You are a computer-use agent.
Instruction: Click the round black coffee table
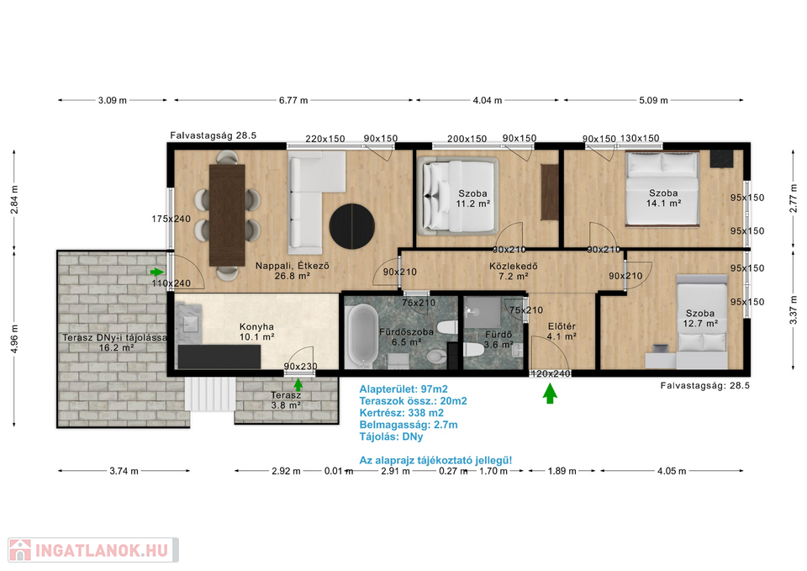click(x=352, y=226)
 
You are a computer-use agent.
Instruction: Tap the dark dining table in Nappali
click(x=227, y=215)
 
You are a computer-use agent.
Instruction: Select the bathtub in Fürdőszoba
click(x=361, y=336)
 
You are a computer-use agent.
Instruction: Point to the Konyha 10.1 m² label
click(x=256, y=332)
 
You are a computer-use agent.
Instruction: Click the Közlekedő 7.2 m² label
click(x=514, y=272)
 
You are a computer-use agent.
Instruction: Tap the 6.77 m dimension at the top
click(x=293, y=100)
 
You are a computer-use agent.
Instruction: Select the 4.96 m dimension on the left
click(x=14, y=339)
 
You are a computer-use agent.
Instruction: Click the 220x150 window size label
click(x=324, y=139)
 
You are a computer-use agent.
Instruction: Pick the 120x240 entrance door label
click(x=551, y=374)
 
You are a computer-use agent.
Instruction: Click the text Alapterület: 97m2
click(x=403, y=389)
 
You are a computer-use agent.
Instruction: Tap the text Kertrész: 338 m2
click(x=402, y=413)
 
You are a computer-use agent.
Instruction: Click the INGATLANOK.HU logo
click(x=93, y=550)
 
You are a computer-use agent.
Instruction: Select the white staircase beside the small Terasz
click(x=210, y=394)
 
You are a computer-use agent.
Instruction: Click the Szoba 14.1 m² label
click(x=663, y=198)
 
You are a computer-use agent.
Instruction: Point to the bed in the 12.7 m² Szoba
click(x=701, y=322)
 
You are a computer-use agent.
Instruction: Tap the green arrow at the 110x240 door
click(x=157, y=272)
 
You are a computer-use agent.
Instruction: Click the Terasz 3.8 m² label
click(x=286, y=400)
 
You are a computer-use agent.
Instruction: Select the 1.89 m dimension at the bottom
click(x=562, y=471)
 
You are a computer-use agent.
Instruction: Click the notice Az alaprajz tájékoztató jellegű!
click(x=435, y=460)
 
